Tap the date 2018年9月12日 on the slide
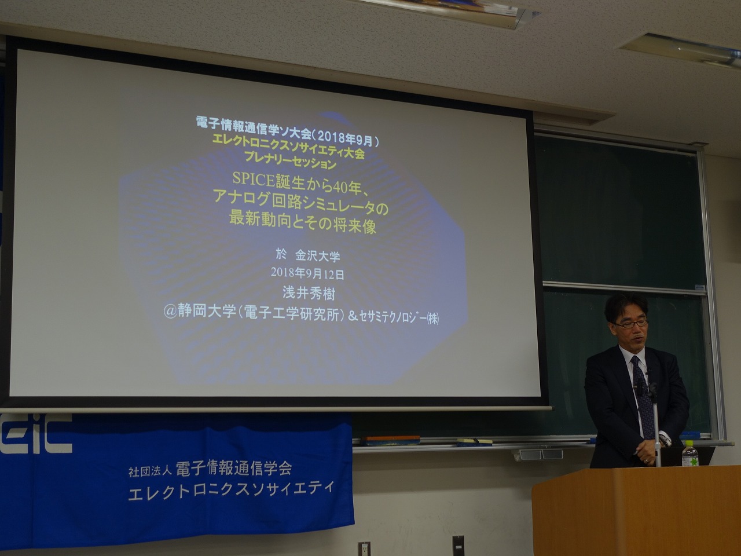pos(307,274)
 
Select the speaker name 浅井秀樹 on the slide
pos(309,294)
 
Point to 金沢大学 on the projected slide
pos(317,256)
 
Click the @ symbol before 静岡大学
pos(170,311)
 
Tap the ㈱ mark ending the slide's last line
pos(433,319)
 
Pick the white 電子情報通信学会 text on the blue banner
pos(234,469)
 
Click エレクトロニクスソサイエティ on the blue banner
pos(232,489)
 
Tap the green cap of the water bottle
pos(688,441)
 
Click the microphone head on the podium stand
pos(652,387)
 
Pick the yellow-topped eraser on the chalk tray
pos(474,441)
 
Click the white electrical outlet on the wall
pos(364,548)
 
